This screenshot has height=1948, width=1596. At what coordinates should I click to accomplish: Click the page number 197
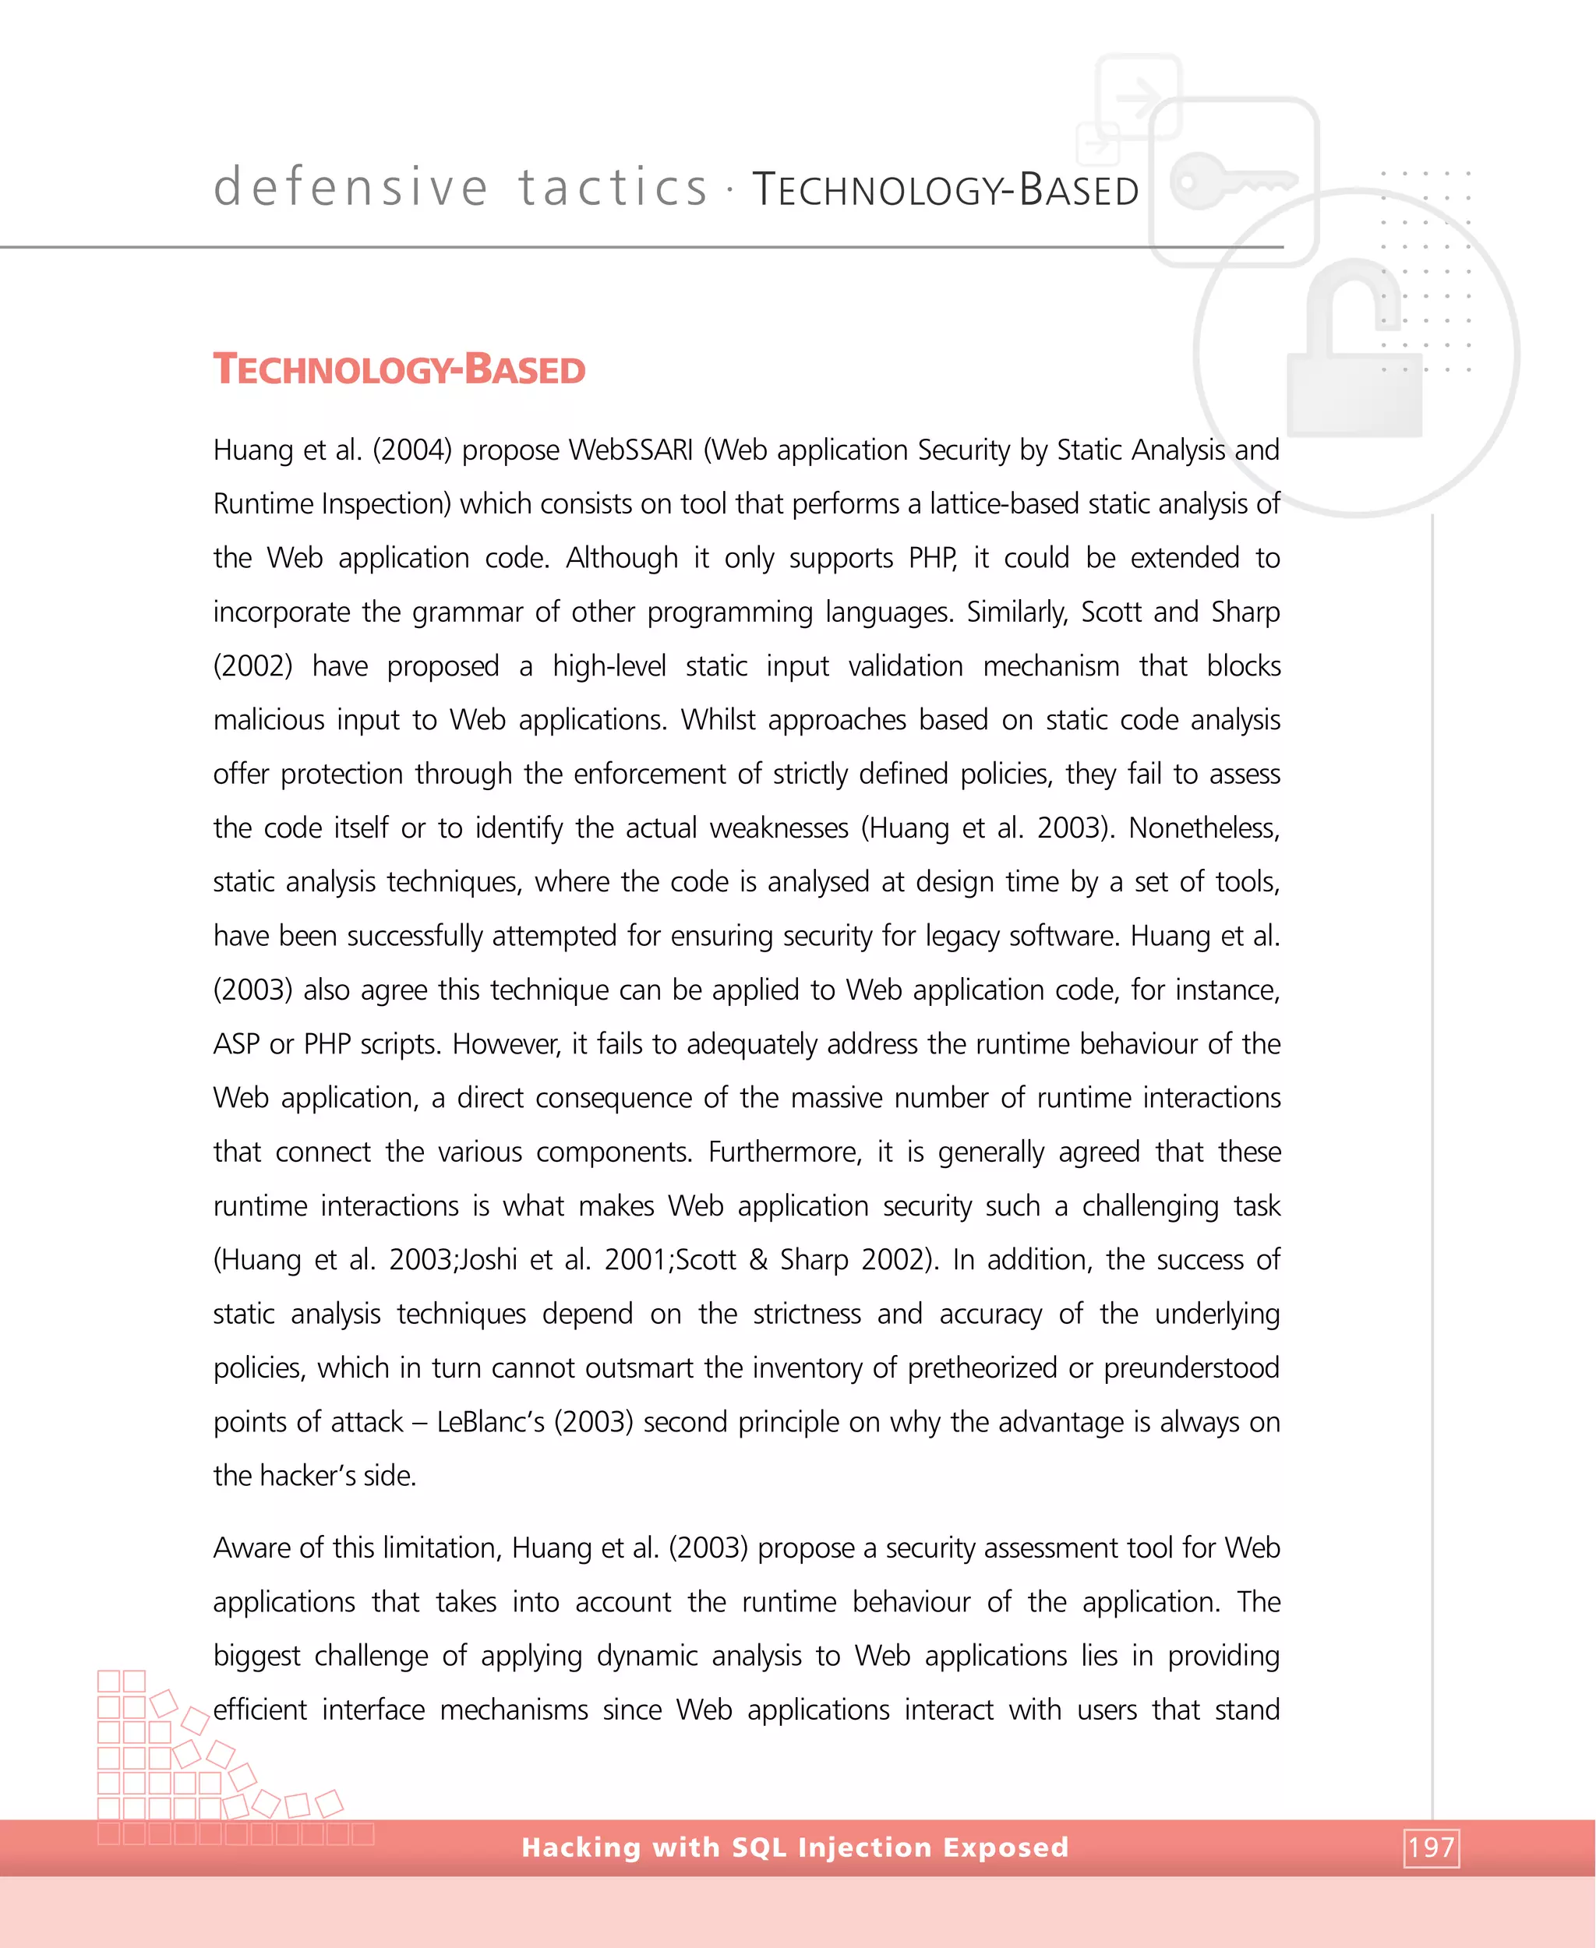[1431, 1847]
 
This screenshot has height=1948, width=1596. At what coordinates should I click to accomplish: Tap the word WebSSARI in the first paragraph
[630, 450]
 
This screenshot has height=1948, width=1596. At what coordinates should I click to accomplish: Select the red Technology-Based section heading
[399, 369]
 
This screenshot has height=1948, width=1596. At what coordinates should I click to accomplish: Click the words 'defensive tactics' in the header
[461, 188]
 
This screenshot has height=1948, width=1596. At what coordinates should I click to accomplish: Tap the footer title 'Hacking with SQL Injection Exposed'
[795, 1847]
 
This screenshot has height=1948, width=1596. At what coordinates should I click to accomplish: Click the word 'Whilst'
[718, 720]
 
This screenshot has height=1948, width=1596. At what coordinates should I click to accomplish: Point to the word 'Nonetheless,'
[1203, 828]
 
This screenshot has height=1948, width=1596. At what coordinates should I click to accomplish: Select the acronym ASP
[236, 1043]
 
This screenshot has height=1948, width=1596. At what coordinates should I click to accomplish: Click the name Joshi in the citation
[488, 1259]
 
